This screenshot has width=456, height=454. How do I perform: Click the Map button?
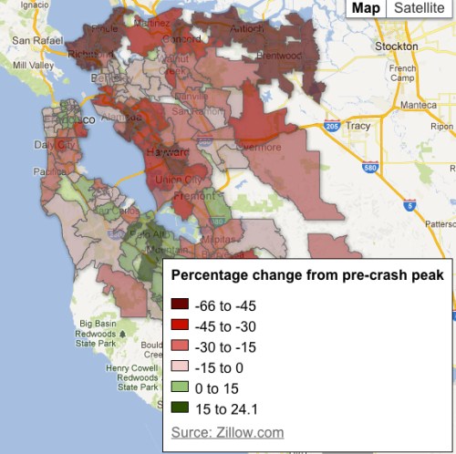point(366,8)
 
